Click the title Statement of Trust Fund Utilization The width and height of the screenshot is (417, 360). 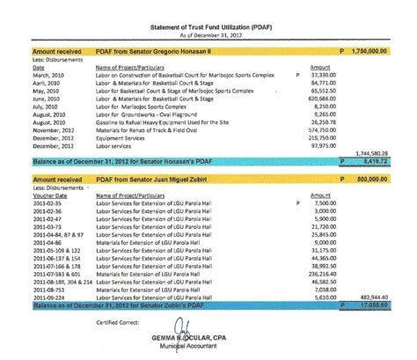(208, 26)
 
